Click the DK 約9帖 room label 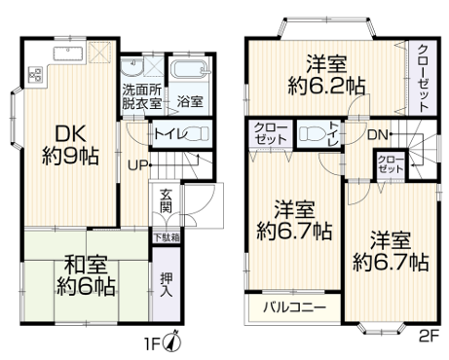(x=70, y=145)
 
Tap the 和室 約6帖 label (x=86, y=275)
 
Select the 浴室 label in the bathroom (x=190, y=102)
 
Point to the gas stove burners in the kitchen (x=36, y=74)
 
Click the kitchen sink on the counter (x=68, y=54)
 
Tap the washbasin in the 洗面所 (x=131, y=66)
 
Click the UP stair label (x=138, y=165)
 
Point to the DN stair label (x=378, y=135)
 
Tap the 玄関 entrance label (x=166, y=200)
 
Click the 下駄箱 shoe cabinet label (x=167, y=237)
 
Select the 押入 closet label (x=167, y=284)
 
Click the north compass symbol (x=174, y=342)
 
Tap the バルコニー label (x=294, y=306)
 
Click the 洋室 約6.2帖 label (x=326, y=75)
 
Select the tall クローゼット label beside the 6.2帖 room (x=423, y=78)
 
